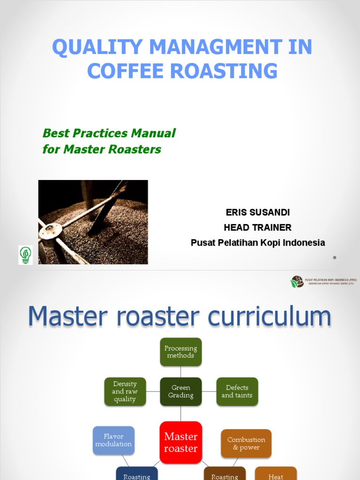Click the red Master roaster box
pyautogui.click(x=180, y=442)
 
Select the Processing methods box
pyautogui.click(x=180, y=352)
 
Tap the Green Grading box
pyautogui.click(x=180, y=391)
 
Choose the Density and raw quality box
pyautogui.click(x=125, y=391)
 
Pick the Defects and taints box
pyautogui.click(x=237, y=391)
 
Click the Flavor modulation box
pyautogui.click(x=113, y=440)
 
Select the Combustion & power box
pyautogui.click(x=246, y=443)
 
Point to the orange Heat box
pyautogui.click(x=276, y=474)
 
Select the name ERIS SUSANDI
pyautogui.click(x=257, y=212)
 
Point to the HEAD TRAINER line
pyautogui.click(x=257, y=227)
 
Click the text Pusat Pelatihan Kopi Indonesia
pyautogui.click(x=257, y=243)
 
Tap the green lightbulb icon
pyautogui.click(x=25, y=255)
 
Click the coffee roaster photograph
pyautogui.click(x=93, y=222)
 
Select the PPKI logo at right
pyautogui.click(x=297, y=282)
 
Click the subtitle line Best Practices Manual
pyautogui.click(x=109, y=133)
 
